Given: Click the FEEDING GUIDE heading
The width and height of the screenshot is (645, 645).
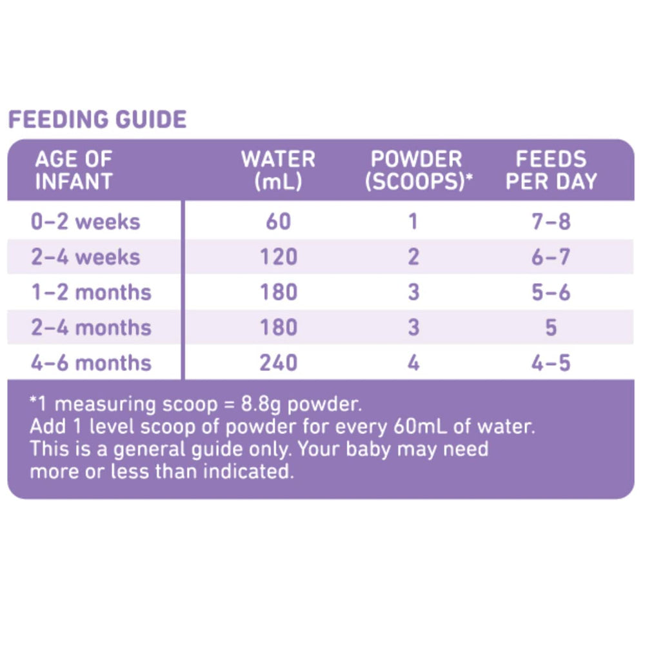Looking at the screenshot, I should tap(97, 119).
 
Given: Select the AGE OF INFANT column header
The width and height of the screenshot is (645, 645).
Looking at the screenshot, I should tap(73, 170).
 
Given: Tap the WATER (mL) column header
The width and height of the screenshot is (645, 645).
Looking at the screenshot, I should tap(278, 170).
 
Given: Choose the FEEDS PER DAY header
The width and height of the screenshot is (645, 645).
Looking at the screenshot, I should tap(551, 170).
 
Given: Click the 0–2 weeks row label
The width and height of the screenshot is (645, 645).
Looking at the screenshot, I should tap(85, 222).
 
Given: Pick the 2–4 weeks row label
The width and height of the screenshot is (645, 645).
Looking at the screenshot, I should tap(85, 257).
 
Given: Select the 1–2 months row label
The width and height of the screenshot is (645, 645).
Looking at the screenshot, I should tap(91, 292).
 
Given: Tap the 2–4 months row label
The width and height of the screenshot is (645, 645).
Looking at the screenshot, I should tap(91, 327).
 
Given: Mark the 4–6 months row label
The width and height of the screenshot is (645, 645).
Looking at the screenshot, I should tap(91, 362).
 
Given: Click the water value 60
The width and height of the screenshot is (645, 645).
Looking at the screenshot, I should tap(278, 222).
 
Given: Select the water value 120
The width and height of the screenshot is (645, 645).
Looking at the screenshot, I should tap(278, 257).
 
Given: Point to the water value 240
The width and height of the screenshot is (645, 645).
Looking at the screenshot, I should tap(278, 362).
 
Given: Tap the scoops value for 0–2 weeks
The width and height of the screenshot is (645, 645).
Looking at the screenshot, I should tap(413, 222).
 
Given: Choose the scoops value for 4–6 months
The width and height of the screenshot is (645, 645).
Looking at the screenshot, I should tap(413, 362).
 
